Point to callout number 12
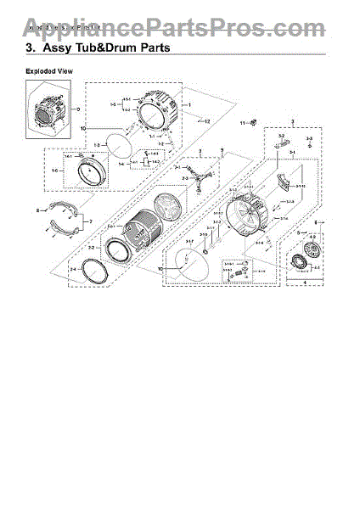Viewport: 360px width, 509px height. point(207,122)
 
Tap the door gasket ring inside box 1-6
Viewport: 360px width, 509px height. point(91,176)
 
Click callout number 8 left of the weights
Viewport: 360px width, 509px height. point(37,210)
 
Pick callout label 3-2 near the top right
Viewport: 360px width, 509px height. point(280,135)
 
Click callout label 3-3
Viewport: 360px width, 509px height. point(309,137)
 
